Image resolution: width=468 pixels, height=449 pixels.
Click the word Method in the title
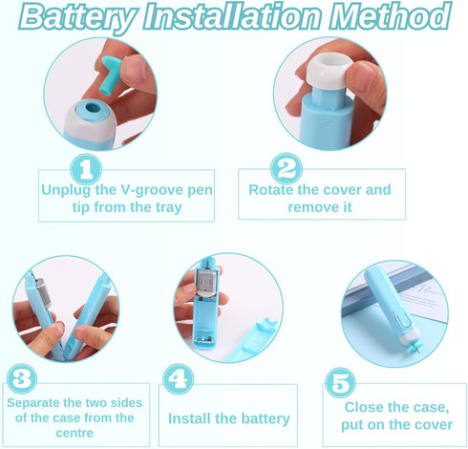tap(390, 16)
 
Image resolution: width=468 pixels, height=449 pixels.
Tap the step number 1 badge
tap(86, 169)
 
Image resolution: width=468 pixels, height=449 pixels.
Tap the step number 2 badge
tap(287, 168)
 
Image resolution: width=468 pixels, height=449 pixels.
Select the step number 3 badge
tap(22, 378)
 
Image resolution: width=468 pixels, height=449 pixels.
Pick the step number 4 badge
tap(178, 379)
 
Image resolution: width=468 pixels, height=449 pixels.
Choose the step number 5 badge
tap(340, 382)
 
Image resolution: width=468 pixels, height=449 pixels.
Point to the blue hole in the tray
tap(94, 106)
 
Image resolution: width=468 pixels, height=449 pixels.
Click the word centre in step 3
tap(74, 433)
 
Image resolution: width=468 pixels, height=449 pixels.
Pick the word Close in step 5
tap(364, 407)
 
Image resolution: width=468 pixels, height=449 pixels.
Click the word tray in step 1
tap(168, 207)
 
